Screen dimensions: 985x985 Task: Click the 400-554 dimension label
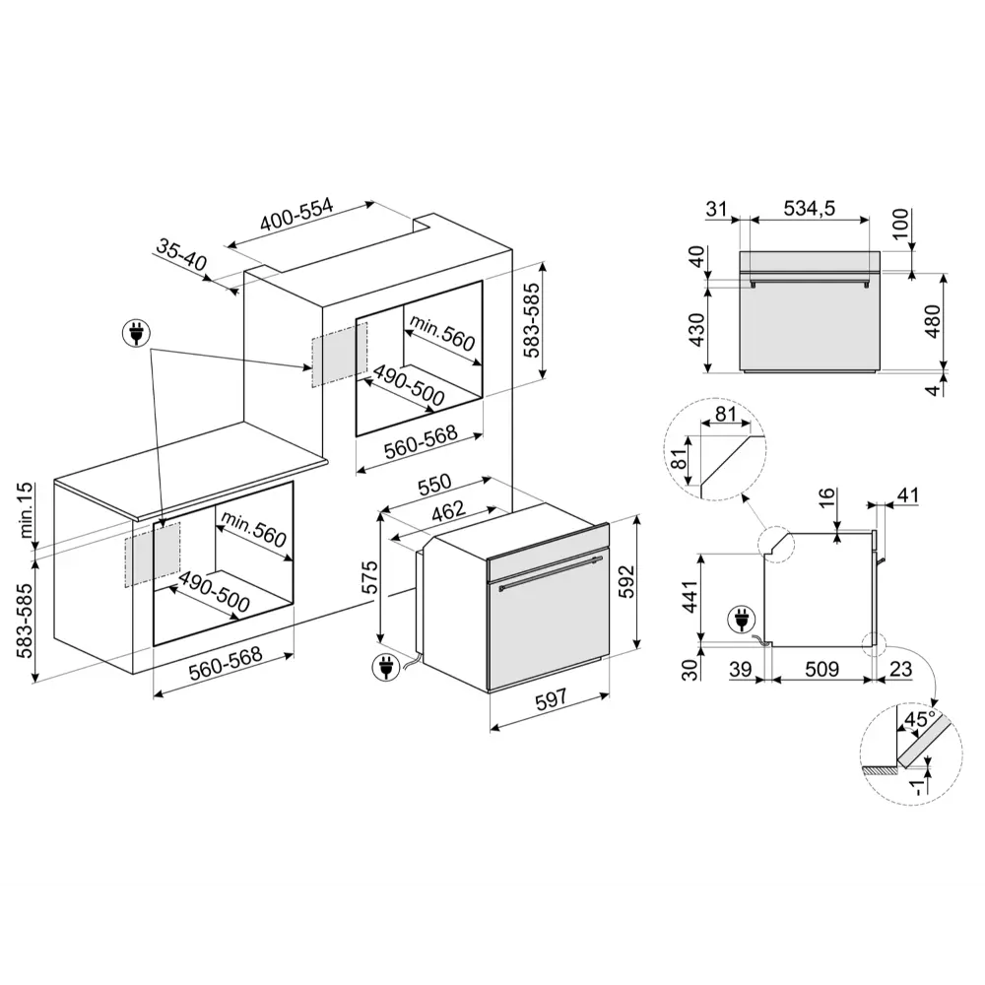click(295, 215)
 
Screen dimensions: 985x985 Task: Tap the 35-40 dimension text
click(181, 255)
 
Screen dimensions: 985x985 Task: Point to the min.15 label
click(26, 509)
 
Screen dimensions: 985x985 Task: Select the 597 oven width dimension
click(551, 698)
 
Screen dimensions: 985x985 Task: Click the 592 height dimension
click(626, 582)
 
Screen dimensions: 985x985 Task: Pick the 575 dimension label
click(369, 576)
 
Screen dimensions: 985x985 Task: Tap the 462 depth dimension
click(448, 510)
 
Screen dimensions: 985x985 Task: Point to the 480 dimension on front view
click(934, 321)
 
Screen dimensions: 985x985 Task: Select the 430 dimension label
click(697, 330)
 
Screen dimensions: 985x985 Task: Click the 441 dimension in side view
click(689, 598)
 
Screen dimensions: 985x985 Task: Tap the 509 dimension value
click(821, 669)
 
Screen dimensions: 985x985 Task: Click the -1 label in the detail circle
click(917, 786)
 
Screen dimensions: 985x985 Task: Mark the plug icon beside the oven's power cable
click(385, 667)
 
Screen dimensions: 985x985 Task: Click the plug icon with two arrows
click(136, 333)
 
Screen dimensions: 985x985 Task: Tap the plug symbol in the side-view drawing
click(742, 620)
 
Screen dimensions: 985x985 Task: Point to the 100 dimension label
click(900, 224)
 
